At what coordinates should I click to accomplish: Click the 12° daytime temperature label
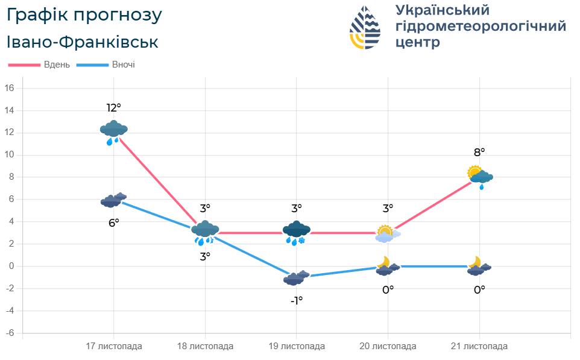point(114,108)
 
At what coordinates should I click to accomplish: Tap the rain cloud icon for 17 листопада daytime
point(113,133)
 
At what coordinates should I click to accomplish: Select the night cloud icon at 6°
point(113,200)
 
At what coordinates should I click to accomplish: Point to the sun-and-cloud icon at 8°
point(480,176)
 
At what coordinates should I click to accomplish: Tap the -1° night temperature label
point(296,300)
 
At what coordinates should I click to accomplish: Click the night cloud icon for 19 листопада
point(296,277)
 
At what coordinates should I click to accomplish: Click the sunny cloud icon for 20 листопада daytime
point(387,233)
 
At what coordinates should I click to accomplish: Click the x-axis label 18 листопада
point(205,347)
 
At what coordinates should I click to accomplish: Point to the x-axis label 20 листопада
point(388,347)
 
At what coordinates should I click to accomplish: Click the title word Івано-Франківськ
point(83,42)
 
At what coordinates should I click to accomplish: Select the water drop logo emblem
point(365,27)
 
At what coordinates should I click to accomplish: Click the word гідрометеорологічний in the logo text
point(481,27)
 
